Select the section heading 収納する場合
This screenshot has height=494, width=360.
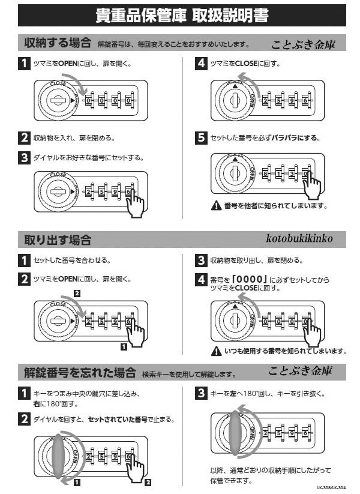click(x=57, y=44)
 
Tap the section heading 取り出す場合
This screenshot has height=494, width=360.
click(x=57, y=240)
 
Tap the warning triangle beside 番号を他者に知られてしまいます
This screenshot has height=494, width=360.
click(x=218, y=206)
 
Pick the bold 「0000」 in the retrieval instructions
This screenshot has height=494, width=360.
click(x=248, y=280)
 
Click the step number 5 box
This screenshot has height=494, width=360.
click(x=203, y=137)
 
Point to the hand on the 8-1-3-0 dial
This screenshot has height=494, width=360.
click(x=311, y=187)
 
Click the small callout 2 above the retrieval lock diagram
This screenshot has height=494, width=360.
click(x=76, y=293)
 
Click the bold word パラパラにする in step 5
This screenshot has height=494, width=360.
click(x=295, y=138)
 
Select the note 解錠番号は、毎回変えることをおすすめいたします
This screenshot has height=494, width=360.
click(x=173, y=45)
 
